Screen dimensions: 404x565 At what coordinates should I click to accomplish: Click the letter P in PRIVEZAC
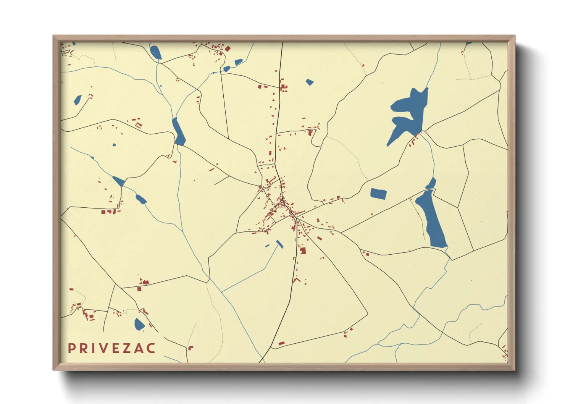[x=71, y=348]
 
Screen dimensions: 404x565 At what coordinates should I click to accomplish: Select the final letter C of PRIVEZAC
[x=151, y=348]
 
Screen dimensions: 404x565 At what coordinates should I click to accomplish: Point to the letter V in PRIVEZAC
[x=102, y=348]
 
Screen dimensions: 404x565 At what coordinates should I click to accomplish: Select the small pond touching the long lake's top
[x=431, y=184]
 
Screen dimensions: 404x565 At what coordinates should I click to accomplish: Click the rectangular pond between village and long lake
[x=378, y=194]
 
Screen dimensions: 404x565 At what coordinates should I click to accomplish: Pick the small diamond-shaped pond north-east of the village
[x=310, y=82]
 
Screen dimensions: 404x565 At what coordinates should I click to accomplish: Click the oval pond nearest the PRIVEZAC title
[x=139, y=324]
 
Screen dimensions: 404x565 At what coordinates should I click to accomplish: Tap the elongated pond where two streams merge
[x=178, y=132]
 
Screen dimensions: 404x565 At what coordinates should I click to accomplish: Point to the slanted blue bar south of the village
[x=280, y=244]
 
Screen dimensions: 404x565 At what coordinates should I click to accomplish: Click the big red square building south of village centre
[x=303, y=251]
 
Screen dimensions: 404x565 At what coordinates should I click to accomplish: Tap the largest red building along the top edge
[x=228, y=49]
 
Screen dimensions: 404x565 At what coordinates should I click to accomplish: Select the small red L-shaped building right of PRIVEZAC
[x=190, y=347]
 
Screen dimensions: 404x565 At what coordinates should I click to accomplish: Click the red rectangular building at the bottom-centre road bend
[x=281, y=343]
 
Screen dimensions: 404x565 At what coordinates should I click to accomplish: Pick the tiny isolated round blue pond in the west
[x=114, y=145]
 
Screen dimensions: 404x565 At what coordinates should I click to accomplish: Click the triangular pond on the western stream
[x=119, y=181]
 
